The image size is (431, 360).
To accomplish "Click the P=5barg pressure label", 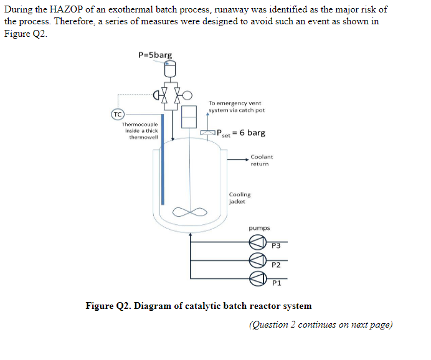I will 155,55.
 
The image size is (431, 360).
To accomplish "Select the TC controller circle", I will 116,115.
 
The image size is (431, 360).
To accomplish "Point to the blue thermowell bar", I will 163,159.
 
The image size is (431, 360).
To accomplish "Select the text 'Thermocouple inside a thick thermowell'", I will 141,131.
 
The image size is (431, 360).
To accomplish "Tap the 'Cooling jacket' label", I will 240,197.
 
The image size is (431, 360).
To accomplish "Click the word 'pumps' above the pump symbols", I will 259,228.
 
